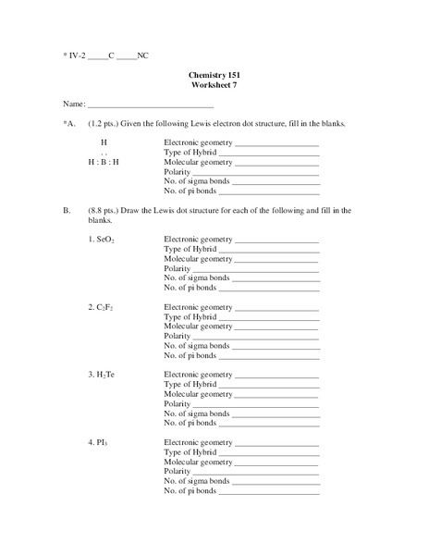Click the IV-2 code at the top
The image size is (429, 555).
pyautogui.click(x=77, y=55)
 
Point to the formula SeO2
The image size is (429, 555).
pyautogui.click(x=102, y=240)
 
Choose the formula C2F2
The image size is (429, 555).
pyautogui.click(x=102, y=306)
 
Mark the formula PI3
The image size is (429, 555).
pyautogui.click(x=100, y=442)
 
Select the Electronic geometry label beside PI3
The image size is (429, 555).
pyautogui.click(x=198, y=442)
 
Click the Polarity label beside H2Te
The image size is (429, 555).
pyautogui.click(x=177, y=404)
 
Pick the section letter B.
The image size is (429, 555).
pyautogui.click(x=67, y=210)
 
